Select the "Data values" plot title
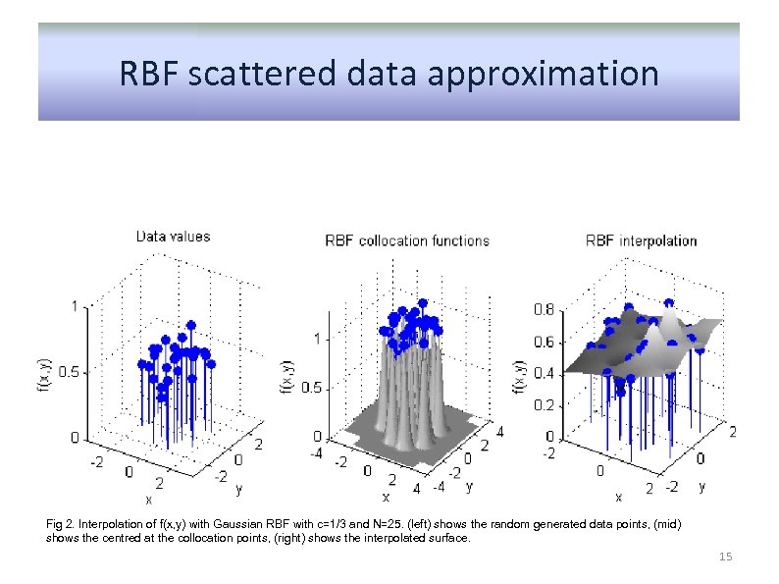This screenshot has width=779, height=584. [x=173, y=236]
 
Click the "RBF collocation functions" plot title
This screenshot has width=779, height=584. [x=407, y=240]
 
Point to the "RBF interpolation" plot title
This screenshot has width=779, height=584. [x=642, y=240]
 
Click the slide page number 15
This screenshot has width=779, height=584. [x=726, y=557]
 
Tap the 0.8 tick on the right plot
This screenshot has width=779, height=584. [x=543, y=309]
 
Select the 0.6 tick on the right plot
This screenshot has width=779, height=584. [x=543, y=342]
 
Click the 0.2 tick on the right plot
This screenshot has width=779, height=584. [x=543, y=404]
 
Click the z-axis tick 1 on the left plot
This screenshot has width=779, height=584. [x=76, y=306]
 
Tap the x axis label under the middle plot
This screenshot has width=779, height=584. [x=385, y=496]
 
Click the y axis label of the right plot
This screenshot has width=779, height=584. [x=701, y=486]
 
